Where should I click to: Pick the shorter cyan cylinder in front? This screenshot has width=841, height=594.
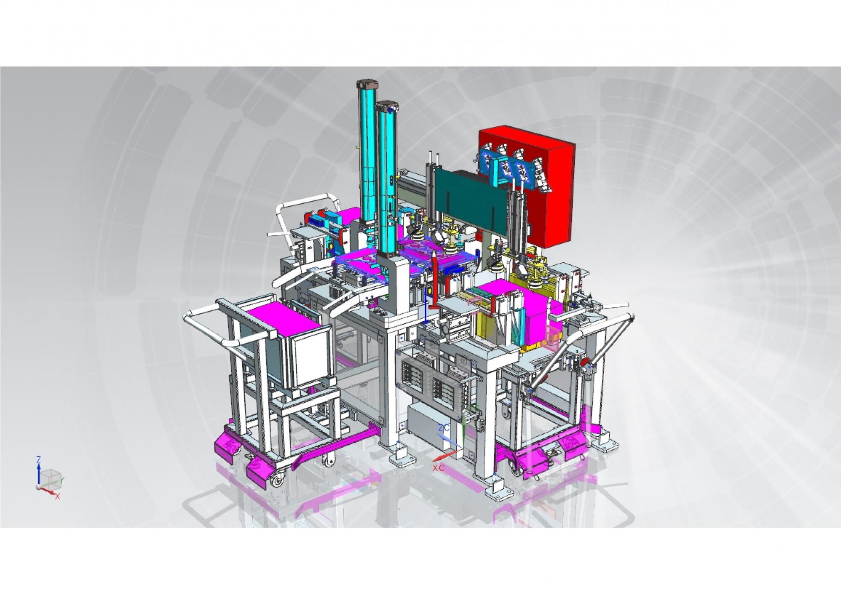point(387,179)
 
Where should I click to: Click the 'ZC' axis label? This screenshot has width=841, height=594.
point(444,428)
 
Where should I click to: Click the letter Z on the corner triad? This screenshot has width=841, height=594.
point(39,459)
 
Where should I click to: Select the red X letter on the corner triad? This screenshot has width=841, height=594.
point(58,496)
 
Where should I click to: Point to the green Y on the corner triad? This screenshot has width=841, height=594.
point(63,479)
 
